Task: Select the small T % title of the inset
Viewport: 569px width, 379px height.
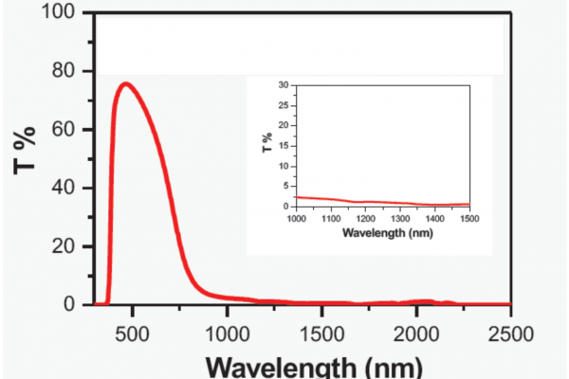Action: click(x=267, y=144)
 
